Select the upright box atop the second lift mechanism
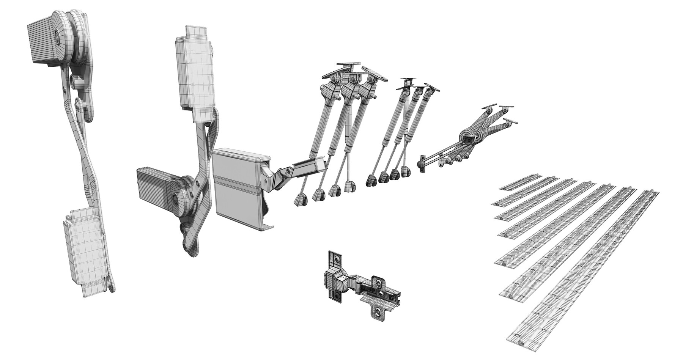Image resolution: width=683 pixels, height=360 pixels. [x=194, y=74]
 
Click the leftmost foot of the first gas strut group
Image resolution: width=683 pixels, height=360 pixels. [x=300, y=200]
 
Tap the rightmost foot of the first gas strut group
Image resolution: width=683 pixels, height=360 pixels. [x=349, y=186]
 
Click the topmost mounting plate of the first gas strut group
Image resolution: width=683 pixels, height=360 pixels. [x=348, y=64]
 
